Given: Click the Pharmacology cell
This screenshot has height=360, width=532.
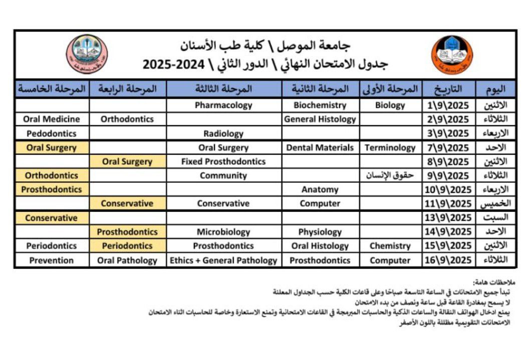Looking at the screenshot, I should tap(223, 105).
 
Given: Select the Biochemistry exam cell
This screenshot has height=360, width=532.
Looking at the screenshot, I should tap(320, 105).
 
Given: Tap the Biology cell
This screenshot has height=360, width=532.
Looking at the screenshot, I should tap(390, 105).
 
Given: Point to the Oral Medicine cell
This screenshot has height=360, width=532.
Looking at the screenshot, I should tap(52, 119).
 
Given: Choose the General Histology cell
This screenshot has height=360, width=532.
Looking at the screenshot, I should tap(320, 119).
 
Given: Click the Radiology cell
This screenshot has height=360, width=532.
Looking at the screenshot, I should tap(223, 134).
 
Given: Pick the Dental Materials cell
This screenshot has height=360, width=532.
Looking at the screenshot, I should tap(320, 148).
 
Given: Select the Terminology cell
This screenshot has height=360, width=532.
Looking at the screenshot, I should tap(390, 148).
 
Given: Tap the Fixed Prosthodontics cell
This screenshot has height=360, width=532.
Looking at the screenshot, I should tap(223, 162).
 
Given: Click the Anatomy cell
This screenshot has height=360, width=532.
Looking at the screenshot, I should tap(320, 190).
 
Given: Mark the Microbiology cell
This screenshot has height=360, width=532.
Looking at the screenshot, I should tap(223, 232).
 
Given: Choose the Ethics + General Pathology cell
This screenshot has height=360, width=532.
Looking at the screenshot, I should tap(223, 260).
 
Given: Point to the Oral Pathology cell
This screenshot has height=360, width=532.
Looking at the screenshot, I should tap(127, 260).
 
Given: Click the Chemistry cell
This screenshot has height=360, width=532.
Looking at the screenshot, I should tap(390, 246).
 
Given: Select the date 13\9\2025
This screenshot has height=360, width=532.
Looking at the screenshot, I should tap(448, 218).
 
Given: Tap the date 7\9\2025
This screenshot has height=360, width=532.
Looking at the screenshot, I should tap(448, 148).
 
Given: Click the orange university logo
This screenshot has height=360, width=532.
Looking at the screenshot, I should tap(452, 55).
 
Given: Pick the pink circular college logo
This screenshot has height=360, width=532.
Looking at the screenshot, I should tap(87, 54).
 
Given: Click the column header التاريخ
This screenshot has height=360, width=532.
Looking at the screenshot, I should tap(449, 90).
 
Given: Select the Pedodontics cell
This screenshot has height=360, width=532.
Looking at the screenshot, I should tap(52, 134).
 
